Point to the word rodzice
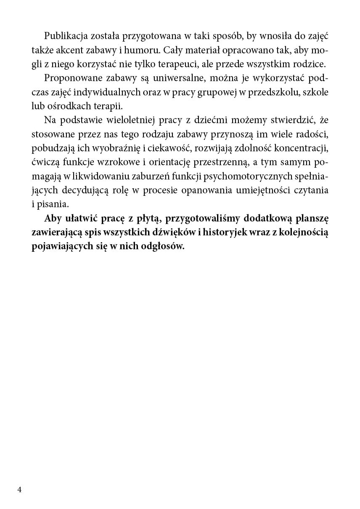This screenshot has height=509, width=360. [x=311, y=65]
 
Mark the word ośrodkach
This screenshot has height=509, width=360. [x=66, y=108]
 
